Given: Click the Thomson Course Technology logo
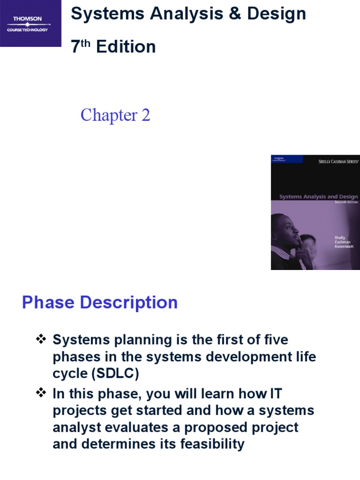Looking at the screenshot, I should (x=30, y=23).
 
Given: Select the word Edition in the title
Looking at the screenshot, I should (x=126, y=47).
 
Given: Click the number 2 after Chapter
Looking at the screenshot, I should (x=145, y=115).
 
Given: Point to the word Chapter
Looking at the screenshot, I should (x=108, y=115).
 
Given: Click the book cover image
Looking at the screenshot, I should (x=315, y=212).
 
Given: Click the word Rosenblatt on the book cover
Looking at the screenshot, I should (x=344, y=246).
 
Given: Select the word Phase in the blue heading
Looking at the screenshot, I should (x=48, y=302).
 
